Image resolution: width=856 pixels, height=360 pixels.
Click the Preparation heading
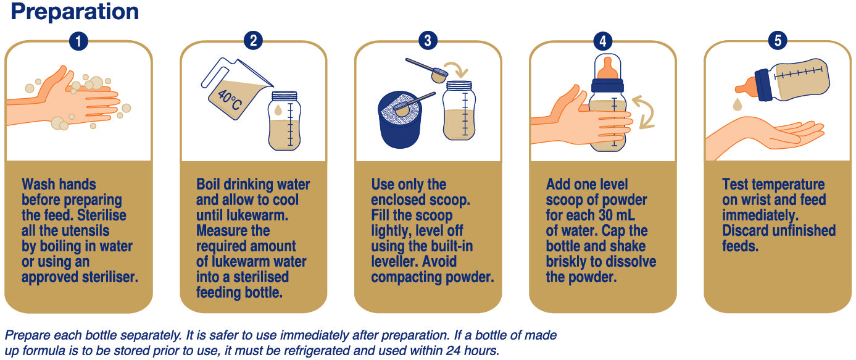pos(75,12)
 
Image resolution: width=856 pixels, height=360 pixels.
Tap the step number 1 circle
pos(78,41)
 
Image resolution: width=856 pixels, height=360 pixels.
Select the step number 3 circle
pos(428,41)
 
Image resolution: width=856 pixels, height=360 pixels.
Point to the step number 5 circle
pos(777,41)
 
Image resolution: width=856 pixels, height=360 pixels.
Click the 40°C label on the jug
pos(230,100)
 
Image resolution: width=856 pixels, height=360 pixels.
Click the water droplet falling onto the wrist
pos(738,104)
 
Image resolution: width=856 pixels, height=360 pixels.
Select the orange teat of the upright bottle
pos(608,68)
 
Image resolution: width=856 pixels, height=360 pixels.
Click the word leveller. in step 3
pos(395,262)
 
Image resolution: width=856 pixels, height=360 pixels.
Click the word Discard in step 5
pos(745,231)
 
